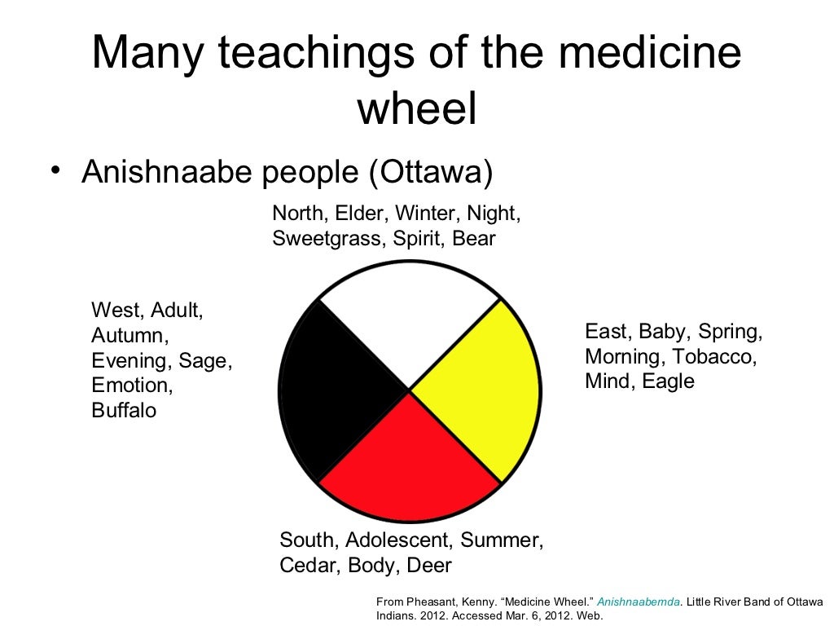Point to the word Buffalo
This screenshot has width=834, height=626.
coord(124,411)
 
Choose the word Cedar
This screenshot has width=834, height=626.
coord(308,565)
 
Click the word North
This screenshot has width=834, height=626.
coord(299,214)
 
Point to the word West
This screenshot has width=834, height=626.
coord(116,310)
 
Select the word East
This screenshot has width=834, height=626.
coord(607,332)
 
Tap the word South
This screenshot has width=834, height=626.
coord(307,540)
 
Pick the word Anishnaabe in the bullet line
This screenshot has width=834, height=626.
coord(166,172)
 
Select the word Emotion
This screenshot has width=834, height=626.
coord(132,386)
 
